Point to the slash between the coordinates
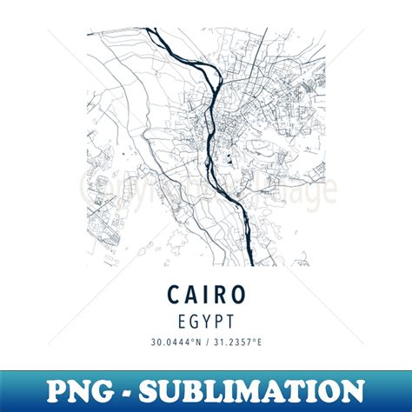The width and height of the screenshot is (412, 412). click(x=206, y=342)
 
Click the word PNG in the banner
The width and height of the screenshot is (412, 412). click(x=78, y=389)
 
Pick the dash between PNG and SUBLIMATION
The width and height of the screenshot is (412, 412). click(x=129, y=389)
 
